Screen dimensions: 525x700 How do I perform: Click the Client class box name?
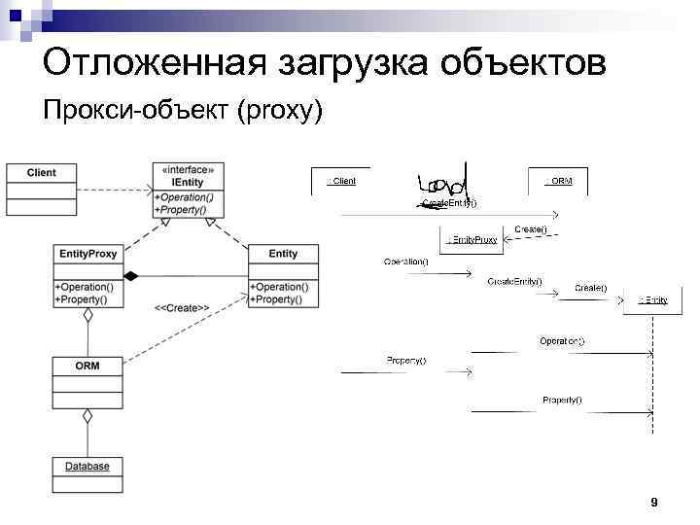tap(41, 173)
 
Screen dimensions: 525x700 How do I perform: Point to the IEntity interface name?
tap(187, 182)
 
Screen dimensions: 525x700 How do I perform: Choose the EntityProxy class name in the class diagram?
tap(87, 254)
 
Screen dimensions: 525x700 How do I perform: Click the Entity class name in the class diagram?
tap(283, 254)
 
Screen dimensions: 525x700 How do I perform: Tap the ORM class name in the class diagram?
tap(87, 366)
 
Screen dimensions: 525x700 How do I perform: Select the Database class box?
tap(87, 467)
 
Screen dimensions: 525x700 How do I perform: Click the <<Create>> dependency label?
tap(182, 308)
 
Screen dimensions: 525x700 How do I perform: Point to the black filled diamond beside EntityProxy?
tap(130, 275)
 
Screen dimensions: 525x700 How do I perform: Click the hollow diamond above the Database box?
tap(87, 416)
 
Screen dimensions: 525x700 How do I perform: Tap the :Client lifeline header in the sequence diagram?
tap(340, 181)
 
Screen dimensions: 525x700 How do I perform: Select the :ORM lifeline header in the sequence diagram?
tap(559, 181)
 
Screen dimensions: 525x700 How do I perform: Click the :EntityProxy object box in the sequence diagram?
tap(472, 239)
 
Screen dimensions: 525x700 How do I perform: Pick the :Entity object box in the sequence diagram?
tap(652, 299)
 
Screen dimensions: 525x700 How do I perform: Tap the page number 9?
tap(653, 502)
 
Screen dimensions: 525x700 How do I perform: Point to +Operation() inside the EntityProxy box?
tap(85, 287)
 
